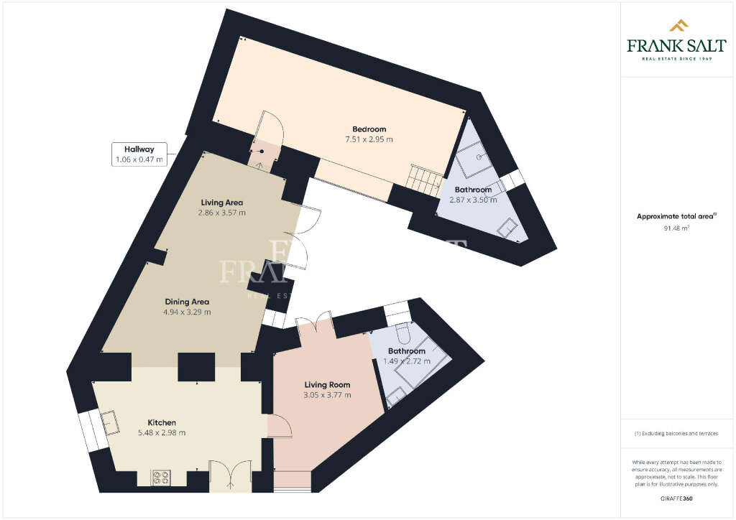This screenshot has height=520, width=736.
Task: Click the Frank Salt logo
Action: (676, 40)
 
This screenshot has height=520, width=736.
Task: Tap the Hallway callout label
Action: (139, 154)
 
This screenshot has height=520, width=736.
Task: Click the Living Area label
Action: (222, 203)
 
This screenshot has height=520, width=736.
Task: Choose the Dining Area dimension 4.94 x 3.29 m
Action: (188, 312)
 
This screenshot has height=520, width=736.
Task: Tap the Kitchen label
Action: (162, 422)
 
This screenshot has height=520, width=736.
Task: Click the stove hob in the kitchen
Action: (160, 476)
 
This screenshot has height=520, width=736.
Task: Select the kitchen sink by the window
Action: (110, 422)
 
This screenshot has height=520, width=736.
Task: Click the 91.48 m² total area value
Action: (676, 229)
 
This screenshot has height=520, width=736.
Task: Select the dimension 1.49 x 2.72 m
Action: (407, 361)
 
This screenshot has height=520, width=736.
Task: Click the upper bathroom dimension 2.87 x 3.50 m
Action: (473, 200)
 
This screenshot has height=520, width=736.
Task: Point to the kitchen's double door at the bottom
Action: (229, 476)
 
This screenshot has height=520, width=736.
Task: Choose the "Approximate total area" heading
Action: (676, 216)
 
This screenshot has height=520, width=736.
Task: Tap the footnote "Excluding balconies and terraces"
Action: (676, 434)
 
